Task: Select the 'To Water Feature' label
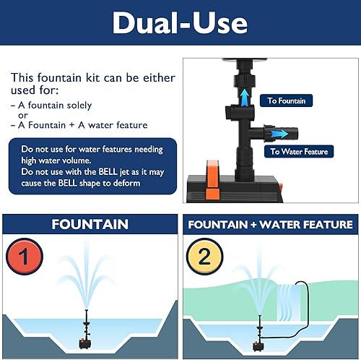click(x=298, y=152)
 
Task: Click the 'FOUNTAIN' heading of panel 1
click(x=90, y=225)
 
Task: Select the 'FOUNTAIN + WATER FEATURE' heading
click(x=270, y=225)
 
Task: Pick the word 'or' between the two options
click(x=23, y=115)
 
